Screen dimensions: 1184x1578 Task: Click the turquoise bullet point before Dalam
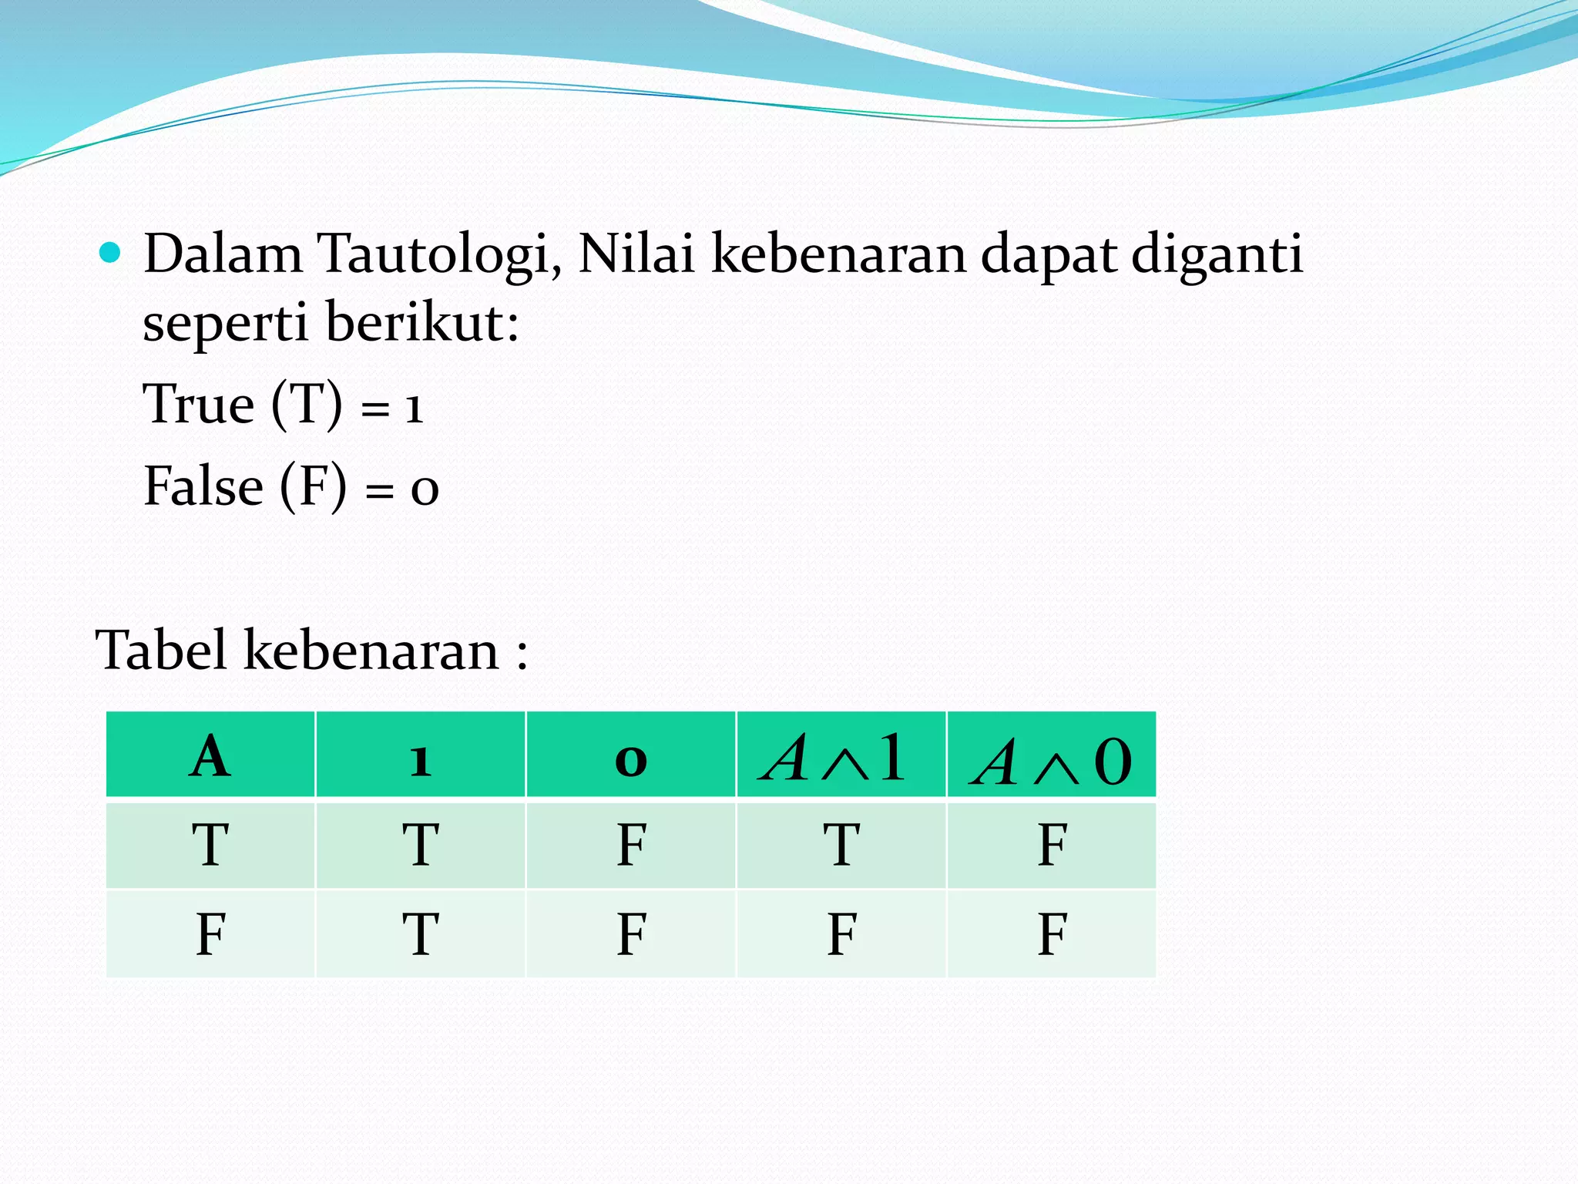tap(110, 252)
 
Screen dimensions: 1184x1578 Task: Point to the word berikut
tap(421, 321)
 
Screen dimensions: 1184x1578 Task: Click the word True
tap(199, 404)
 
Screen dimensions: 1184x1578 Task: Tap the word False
tap(203, 486)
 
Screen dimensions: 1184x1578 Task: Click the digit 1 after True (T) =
tap(414, 409)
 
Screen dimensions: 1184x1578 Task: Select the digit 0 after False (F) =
tap(425, 490)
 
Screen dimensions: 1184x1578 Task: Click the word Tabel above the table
tap(161, 650)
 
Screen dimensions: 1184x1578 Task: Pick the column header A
tap(210, 756)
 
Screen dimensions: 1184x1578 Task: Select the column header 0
tap(630, 761)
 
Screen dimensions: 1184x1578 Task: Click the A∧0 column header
tap(1052, 762)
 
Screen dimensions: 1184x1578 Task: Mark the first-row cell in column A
tap(210, 845)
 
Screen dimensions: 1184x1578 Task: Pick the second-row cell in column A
tap(210, 934)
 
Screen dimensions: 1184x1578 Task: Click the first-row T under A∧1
tap(841, 845)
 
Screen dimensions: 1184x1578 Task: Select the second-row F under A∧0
tap(1052, 934)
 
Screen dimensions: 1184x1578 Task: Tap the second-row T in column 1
tap(420, 934)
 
